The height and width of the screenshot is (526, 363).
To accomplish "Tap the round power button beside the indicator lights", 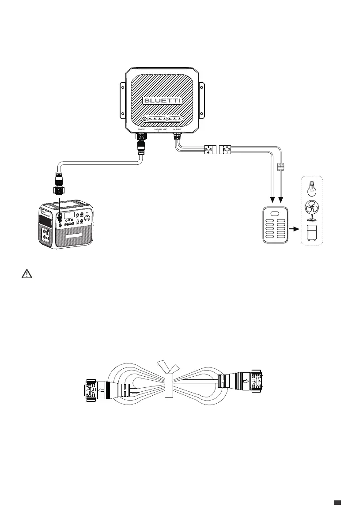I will [144, 119].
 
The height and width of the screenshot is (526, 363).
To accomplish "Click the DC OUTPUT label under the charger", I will [178, 129].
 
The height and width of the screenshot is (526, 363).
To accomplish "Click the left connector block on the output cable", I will [208, 150].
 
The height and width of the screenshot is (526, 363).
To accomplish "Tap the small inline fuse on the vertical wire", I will [280, 167].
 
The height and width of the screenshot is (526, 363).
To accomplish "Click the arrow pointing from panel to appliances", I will [292, 230].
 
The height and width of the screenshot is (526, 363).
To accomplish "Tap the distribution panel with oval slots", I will [275, 225].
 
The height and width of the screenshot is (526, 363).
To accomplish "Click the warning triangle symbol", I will [27, 274].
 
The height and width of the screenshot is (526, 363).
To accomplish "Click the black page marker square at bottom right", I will [337, 502].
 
